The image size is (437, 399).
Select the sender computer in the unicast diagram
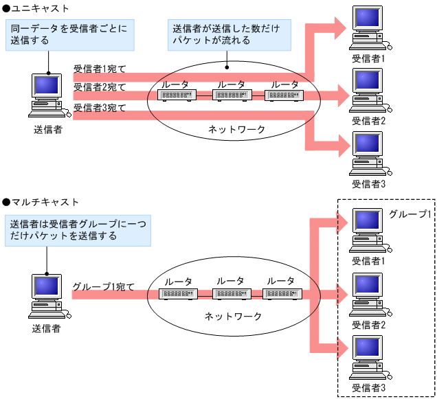click(47, 97)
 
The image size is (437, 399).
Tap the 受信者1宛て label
click(100, 69)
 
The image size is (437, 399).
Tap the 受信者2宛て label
click(100, 87)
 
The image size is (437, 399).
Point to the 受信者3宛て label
click(100, 108)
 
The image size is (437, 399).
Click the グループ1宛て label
click(103, 287)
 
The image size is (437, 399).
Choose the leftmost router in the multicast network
click(178, 294)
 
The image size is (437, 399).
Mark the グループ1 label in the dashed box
click(410, 214)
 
